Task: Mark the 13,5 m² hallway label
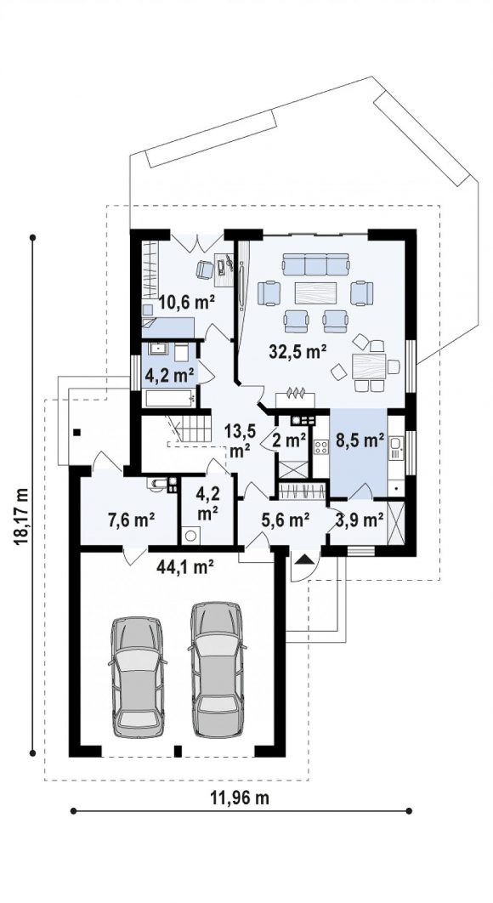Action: point(240,441)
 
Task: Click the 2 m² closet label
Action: point(289,441)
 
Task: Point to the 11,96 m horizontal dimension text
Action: point(241,798)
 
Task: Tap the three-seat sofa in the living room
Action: point(315,265)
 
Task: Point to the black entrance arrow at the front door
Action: point(303,558)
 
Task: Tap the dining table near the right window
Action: point(369,365)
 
